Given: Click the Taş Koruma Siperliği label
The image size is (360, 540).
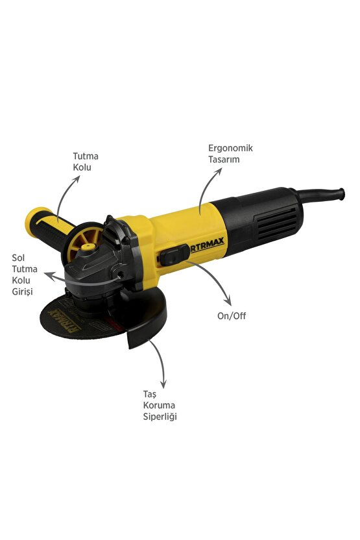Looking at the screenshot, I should coord(159,405).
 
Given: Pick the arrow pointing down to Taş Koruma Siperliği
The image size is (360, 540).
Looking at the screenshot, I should coord(160,363).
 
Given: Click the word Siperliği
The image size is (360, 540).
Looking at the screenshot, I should coord(160,417).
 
